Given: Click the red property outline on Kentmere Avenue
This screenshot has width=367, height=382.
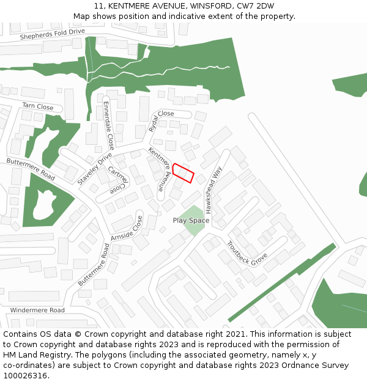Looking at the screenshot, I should (183, 173).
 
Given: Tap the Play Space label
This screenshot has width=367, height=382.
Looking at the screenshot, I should (191, 221).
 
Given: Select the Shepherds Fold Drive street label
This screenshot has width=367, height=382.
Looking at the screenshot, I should (52, 34).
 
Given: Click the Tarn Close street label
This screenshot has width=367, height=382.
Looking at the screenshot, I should (38, 106).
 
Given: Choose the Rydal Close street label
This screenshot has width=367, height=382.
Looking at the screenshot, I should (161, 120).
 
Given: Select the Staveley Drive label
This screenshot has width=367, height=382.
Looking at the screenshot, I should (95, 169).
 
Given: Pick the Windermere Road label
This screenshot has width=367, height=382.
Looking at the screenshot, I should (37, 310).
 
